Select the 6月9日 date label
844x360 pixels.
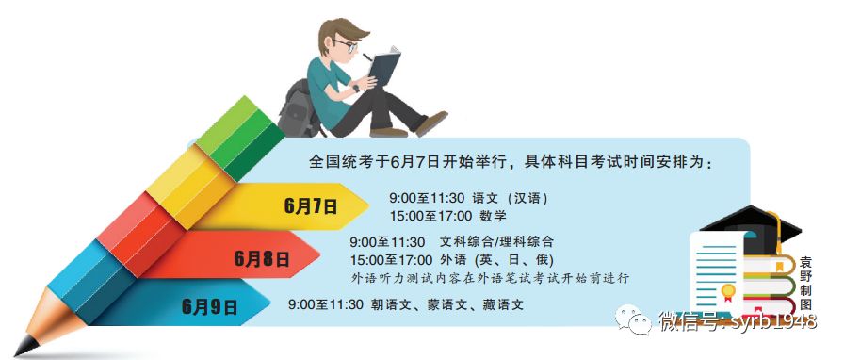tap(210, 306)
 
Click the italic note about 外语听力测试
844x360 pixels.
tap(489, 279)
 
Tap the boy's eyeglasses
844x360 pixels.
tap(346, 44)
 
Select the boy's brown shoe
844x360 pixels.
tap(432, 122)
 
